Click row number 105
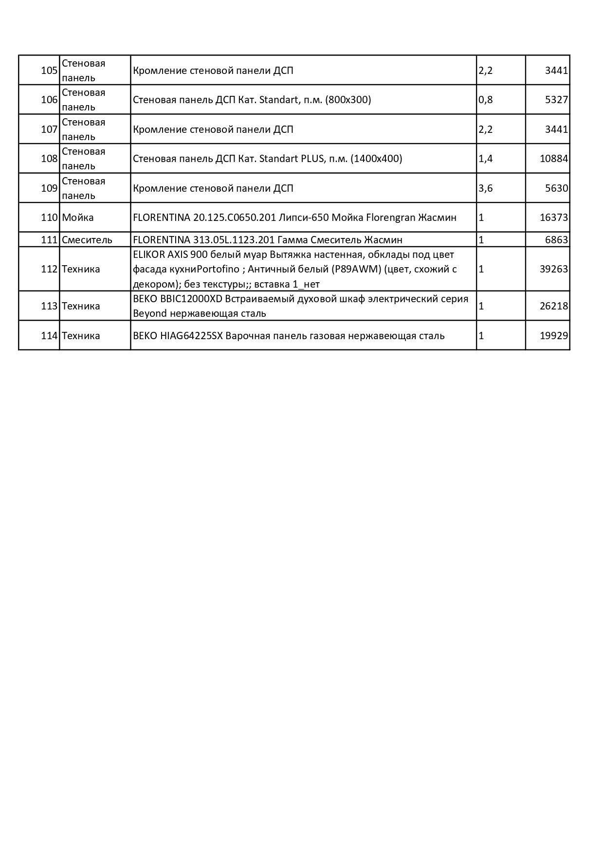tap(49, 71)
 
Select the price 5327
tap(556, 100)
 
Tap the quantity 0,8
tap(486, 100)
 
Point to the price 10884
tap(554, 159)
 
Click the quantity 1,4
tap(486, 159)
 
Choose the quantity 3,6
tap(486, 188)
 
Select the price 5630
tap(556, 188)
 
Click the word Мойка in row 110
tap(78, 218)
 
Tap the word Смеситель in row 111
tap(87, 240)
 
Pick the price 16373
tap(554, 218)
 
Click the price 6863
tap(556, 240)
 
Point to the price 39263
tap(554, 269)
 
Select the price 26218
tap(554, 306)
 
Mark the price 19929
tap(554, 336)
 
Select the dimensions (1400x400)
tap(376, 159)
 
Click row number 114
tap(49, 336)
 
